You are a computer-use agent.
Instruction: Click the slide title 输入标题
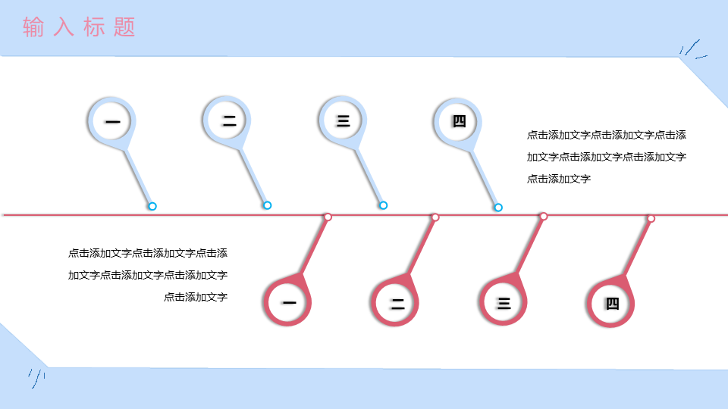coord(79,27)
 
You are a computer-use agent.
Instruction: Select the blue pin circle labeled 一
coord(112,121)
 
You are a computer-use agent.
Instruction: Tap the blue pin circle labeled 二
coord(227,120)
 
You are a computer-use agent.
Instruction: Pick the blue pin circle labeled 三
coord(343,120)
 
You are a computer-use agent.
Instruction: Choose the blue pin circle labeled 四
coord(458,122)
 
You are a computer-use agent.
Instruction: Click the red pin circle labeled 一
coord(287,302)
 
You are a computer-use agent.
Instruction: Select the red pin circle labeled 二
coord(394,302)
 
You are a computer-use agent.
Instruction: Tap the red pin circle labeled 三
coord(503,302)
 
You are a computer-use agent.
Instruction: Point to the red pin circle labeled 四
coord(610,303)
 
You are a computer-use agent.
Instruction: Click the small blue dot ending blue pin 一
coord(152,206)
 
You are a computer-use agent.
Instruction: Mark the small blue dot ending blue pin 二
coord(268,205)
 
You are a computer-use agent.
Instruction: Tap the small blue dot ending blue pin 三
coord(383,205)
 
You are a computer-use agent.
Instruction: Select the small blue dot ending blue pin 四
coord(498,208)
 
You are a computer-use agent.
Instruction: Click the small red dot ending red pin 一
coord(328,217)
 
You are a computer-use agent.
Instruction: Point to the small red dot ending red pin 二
coord(435,217)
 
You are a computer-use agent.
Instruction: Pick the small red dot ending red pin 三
coord(544,216)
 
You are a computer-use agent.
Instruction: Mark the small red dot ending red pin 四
coord(651,218)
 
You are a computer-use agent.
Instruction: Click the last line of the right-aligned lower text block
coord(196,297)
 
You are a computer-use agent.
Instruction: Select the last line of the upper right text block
coord(559,179)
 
